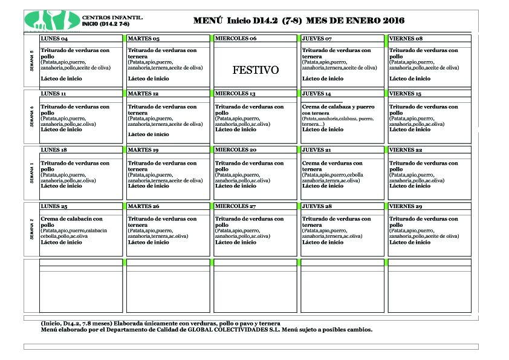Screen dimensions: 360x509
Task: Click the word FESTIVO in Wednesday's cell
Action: click(256, 70)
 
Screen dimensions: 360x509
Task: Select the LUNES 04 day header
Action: click(54, 39)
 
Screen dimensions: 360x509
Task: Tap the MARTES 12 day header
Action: click(143, 94)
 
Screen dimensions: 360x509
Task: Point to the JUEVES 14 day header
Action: click(317, 94)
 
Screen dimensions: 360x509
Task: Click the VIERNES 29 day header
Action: click(405, 206)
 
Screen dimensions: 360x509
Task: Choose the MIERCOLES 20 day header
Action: click(236, 150)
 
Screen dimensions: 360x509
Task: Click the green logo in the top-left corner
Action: click(52, 20)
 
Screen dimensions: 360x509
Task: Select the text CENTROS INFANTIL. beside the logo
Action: click(112, 18)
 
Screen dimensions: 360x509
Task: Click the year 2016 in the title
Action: click(392, 21)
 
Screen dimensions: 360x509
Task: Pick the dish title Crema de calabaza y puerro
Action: click(338, 107)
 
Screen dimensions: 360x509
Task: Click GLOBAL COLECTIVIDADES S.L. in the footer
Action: click(226, 330)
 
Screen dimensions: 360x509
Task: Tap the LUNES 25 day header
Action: click(54, 206)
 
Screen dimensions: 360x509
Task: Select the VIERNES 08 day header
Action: click(406, 39)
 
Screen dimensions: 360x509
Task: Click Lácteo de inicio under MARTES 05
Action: click(149, 79)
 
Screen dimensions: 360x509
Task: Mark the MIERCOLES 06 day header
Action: click(236, 39)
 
